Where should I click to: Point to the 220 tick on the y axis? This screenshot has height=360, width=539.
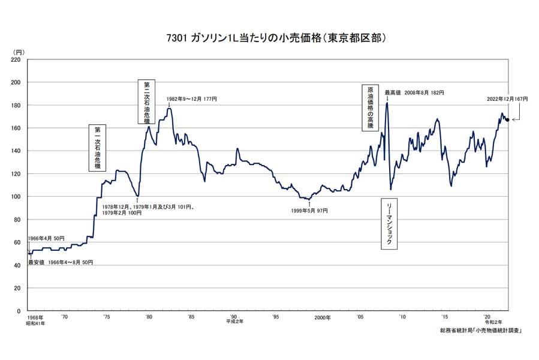[16, 60]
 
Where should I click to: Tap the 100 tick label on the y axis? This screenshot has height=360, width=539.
[16, 197]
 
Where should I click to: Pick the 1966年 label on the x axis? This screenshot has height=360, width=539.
[35, 317]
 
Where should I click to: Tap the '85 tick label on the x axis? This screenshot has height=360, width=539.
[191, 317]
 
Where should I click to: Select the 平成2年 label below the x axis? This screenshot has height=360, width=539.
[234, 322]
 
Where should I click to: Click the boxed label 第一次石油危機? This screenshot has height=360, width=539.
[97, 147]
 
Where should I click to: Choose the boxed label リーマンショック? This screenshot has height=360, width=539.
[389, 223]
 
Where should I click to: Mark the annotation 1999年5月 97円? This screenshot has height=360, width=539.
[309, 211]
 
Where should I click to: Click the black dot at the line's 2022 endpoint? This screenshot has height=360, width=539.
[508, 120]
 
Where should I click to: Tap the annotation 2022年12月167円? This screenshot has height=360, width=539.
[507, 98]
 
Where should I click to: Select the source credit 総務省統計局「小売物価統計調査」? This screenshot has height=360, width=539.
[480, 331]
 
